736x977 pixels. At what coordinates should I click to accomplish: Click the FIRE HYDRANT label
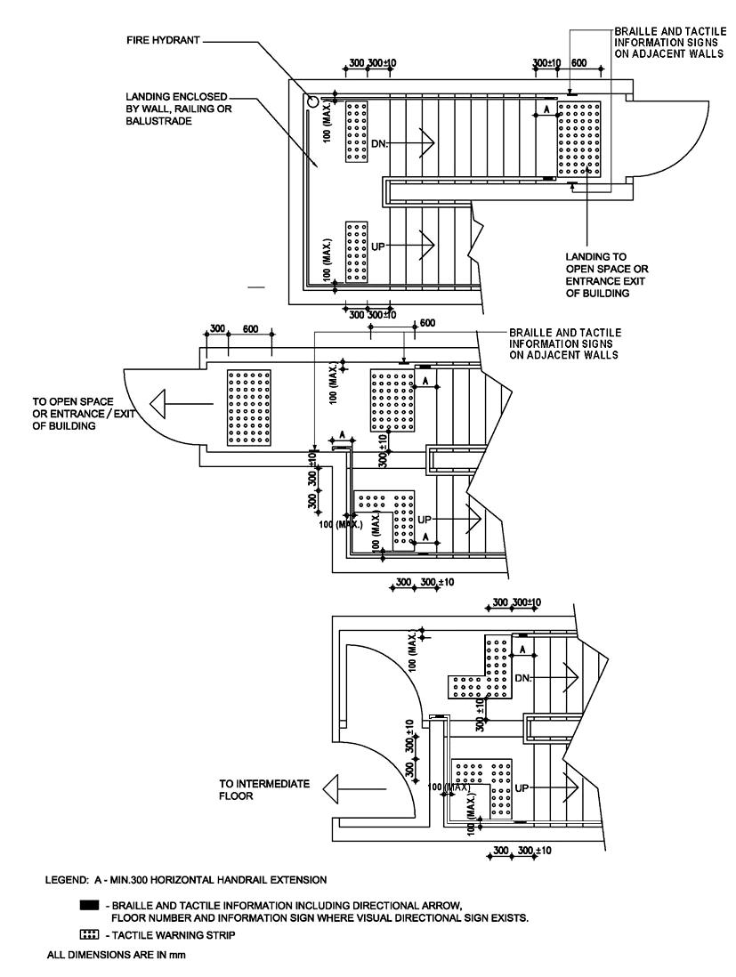(163, 41)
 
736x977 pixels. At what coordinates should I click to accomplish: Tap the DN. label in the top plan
(379, 143)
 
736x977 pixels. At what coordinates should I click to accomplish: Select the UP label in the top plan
(377, 246)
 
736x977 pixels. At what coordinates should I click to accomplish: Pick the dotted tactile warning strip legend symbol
(89, 934)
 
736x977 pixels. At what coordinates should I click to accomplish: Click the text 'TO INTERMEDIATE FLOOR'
(264, 789)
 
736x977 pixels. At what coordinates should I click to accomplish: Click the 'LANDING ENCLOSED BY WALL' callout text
(179, 109)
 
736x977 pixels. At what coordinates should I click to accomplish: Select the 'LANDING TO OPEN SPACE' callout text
(606, 275)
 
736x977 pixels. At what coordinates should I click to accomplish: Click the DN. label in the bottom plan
(522, 678)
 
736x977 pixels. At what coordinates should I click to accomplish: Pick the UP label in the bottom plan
(522, 788)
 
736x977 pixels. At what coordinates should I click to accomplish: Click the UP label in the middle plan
(425, 520)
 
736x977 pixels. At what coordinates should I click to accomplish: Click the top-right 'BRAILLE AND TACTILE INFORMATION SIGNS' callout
(669, 42)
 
